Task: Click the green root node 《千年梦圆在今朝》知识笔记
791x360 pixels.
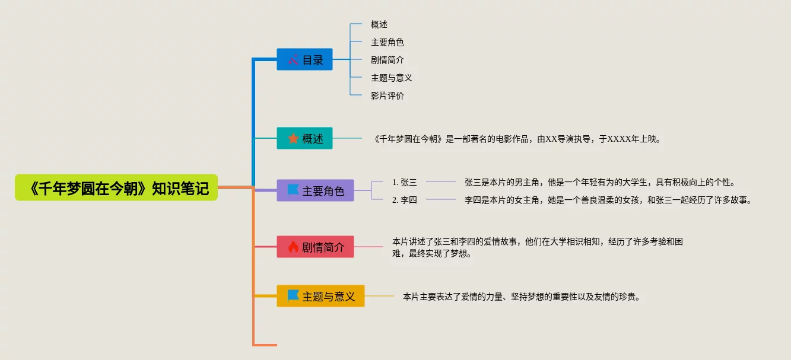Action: pyautogui.click(x=116, y=188)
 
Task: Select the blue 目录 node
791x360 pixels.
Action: pyautogui.click(x=304, y=59)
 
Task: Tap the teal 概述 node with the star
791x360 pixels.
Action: pyautogui.click(x=304, y=138)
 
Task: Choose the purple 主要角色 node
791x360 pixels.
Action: pyautogui.click(x=315, y=190)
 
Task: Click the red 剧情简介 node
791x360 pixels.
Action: pyautogui.click(x=315, y=247)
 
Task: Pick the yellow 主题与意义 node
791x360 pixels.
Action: pyautogui.click(x=320, y=296)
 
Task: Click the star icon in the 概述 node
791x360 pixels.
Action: pyautogui.click(x=293, y=139)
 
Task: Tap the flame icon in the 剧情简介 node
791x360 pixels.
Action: pyautogui.click(x=293, y=247)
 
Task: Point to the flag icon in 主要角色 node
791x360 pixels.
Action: pyautogui.click(x=293, y=190)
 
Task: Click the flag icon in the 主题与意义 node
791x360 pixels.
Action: pyautogui.click(x=293, y=296)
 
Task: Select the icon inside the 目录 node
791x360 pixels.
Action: pyautogui.click(x=293, y=59)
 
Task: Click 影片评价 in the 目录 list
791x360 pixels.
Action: pyautogui.click(x=387, y=95)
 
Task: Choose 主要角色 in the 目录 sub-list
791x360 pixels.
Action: pyautogui.click(x=387, y=42)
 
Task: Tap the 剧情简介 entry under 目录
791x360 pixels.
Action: pyautogui.click(x=387, y=60)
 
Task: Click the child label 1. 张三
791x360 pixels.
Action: pyautogui.click(x=405, y=182)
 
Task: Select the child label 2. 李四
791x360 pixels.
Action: pyautogui.click(x=405, y=200)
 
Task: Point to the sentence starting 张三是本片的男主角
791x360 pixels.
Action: pyautogui.click(x=600, y=182)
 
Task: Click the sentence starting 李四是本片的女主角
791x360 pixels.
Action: pyautogui.click(x=608, y=200)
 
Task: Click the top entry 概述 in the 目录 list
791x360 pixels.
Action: pyautogui.click(x=379, y=24)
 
